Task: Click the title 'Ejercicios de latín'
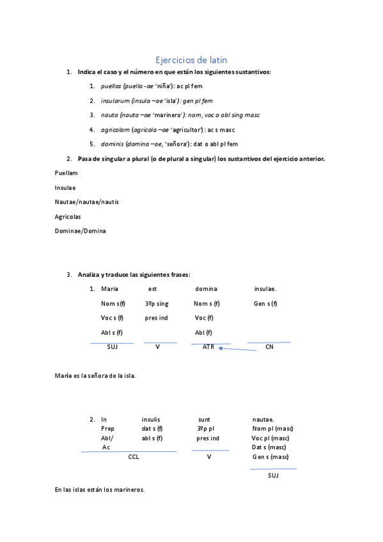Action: pyautogui.click(x=191, y=59)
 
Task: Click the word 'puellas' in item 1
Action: pyautogui.click(x=111, y=86)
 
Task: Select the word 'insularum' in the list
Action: pyautogui.click(x=114, y=100)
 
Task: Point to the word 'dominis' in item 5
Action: pyautogui.click(x=111, y=144)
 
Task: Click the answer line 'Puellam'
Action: pyautogui.click(x=66, y=173)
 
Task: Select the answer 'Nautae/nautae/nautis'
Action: pyautogui.click(x=86, y=201)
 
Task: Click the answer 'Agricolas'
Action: pyautogui.click(x=68, y=216)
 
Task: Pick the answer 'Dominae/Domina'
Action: pyautogui.click(x=81, y=231)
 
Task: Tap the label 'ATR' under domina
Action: pyautogui.click(x=208, y=346)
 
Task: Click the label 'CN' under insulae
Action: pyautogui.click(x=269, y=346)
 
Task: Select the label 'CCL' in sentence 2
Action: pyautogui.click(x=134, y=457)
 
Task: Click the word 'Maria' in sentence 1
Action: pyautogui.click(x=110, y=289)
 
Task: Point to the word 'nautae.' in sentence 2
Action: pyautogui.click(x=263, y=419)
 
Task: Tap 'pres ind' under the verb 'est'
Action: pyautogui.click(x=156, y=318)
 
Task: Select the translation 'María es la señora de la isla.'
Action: pyautogui.click(x=95, y=376)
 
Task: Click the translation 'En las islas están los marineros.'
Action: pyautogui.click(x=100, y=490)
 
